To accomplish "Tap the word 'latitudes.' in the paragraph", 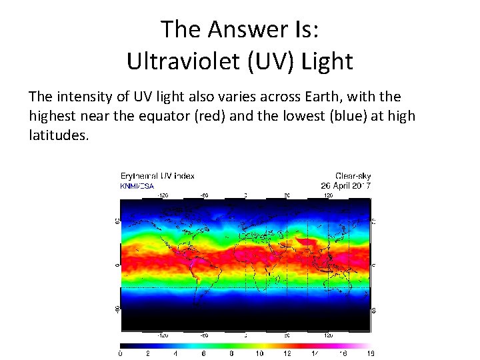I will pyautogui.click(x=58, y=135).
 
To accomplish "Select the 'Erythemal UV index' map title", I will pyautogui.click(x=157, y=176).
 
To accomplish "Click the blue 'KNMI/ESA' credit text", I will pyautogui.click(x=137, y=186).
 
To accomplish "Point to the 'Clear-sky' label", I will pyautogui.click(x=354, y=176).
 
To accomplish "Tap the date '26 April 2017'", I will pyautogui.click(x=346, y=185).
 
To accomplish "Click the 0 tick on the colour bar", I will pyautogui.click(x=120, y=353).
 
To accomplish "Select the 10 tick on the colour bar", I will pyautogui.click(x=259, y=353).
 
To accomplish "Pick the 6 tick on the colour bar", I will pyautogui.click(x=203, y=353).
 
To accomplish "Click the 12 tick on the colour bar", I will pyautogui.click(x=287, y=353).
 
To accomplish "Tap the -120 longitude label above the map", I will pyautogui.click(x=162, y=195).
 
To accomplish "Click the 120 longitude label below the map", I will pyautogui.click(x=328, y=335).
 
